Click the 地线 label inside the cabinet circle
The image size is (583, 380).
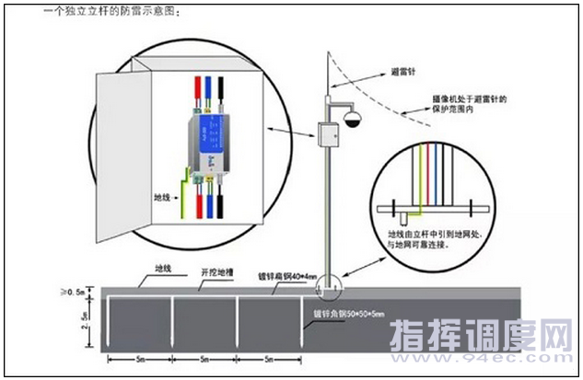tap(162, 196)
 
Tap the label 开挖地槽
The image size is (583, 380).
tap(216, 273)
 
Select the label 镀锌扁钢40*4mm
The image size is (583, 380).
tap(286, 275)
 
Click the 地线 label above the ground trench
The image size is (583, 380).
tap(163, 269)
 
